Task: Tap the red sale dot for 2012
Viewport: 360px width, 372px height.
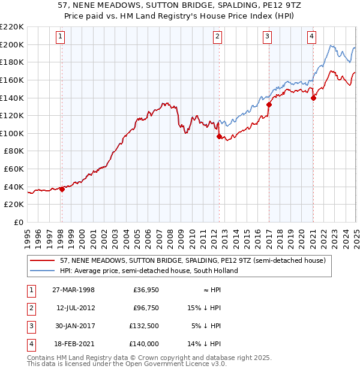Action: click(219, 136)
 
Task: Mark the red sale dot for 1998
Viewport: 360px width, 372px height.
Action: click(62, 190)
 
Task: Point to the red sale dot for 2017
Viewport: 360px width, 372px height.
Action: click(269, 104)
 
